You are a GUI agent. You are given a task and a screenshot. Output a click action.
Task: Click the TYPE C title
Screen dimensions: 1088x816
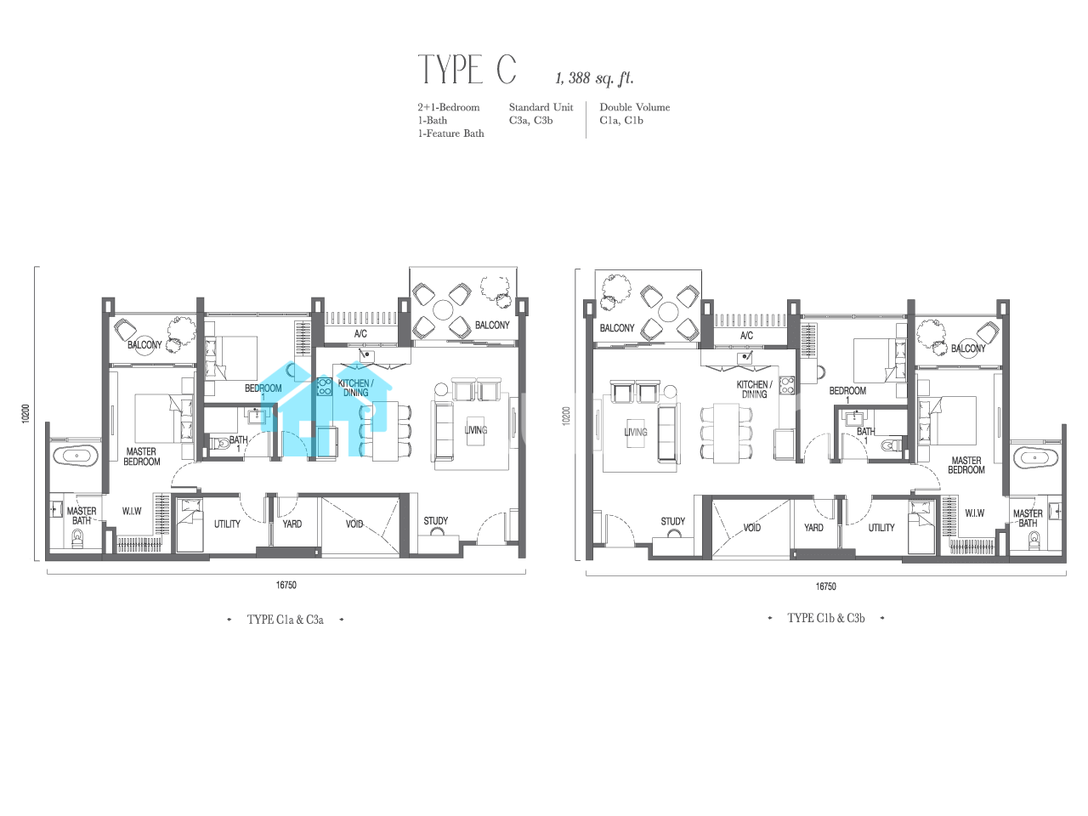point(467,69)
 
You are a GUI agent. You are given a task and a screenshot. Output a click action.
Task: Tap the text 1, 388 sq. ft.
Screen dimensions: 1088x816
point(594,78)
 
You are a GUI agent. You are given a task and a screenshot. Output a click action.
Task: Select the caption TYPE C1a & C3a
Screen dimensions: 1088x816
point(285,620)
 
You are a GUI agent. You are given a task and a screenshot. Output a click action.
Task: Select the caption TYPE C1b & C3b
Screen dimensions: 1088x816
point(826,618)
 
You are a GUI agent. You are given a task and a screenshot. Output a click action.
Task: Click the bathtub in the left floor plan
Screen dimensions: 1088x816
point(76,456)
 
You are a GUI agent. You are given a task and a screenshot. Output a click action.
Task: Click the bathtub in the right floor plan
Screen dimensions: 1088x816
point(1035,458)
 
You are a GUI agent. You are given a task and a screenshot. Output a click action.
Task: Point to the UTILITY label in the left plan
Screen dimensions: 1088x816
point(227,524)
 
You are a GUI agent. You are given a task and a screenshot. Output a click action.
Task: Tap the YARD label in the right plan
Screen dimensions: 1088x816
point(813,528)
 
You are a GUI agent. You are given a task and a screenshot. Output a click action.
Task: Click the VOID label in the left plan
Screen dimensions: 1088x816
point(354,524)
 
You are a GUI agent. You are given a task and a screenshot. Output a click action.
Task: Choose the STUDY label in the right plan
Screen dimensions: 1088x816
point(672,522)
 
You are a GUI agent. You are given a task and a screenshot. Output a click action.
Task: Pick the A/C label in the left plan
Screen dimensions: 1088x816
point(360,334)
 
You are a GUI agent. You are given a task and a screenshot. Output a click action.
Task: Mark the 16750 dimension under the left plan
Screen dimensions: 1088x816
point(286,585)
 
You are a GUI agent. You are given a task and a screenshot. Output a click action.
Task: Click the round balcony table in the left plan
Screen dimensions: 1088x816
point(443,310)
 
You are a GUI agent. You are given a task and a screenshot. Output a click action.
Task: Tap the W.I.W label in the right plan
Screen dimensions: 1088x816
point(974,513)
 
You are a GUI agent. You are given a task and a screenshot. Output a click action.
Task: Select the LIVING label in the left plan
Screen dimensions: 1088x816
point(475,430)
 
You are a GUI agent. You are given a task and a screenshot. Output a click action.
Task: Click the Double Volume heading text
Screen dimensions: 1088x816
point(634,107)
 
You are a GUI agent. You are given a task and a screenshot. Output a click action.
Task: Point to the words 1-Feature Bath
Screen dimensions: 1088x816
point(450,133)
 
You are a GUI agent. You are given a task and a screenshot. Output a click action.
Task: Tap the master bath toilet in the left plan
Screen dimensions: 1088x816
point(77,538)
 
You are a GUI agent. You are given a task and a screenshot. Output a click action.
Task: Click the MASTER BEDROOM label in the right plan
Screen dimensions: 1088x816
point(966,465)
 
